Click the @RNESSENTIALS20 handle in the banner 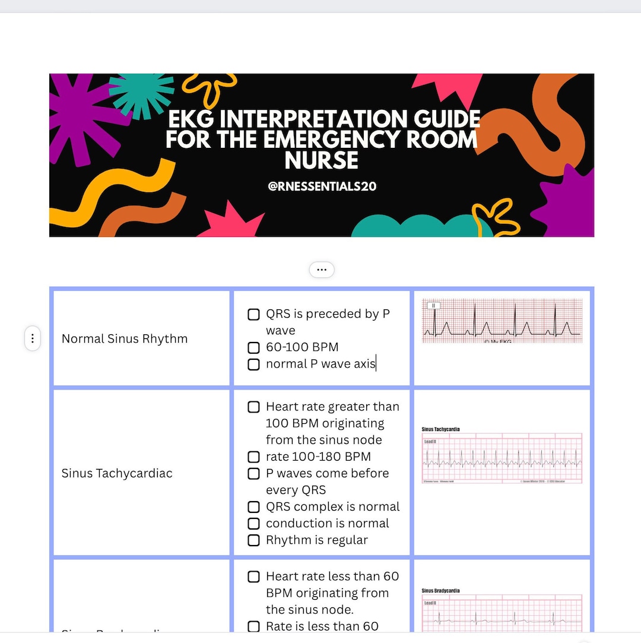(x=322, y=186)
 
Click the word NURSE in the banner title (x=322, y=160)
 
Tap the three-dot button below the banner (x=322, y=270)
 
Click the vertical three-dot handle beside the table (x=33, y=339)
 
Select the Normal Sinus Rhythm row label (x=125, y=339)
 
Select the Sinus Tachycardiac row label (x=117, y=473)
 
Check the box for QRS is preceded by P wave (x=253, y=314)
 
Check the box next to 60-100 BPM (x=253, y=347)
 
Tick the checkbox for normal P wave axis (x=253, y=364)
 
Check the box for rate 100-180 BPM (x=253, y=457)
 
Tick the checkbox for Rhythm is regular (x=253, y=540)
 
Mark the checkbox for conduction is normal (x=253, y=524)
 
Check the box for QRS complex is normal (x=253, y=507)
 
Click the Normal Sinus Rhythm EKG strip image (x=502, y=321)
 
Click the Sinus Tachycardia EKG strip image (x=502, y=455)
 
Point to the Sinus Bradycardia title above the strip (x=440, y=591)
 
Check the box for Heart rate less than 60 (x=253, y=577)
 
